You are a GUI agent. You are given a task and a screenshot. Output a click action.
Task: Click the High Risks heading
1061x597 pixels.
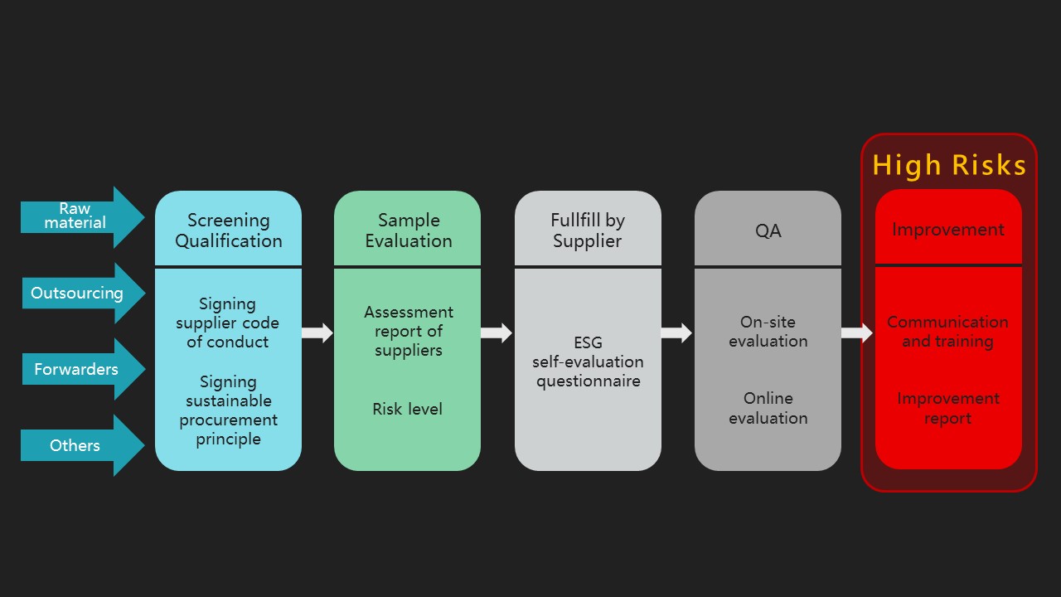[x=949, y=165]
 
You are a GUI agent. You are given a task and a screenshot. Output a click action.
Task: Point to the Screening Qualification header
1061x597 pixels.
[x=228, y=231]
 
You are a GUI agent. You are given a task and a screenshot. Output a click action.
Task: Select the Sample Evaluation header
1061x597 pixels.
[x=408, y=231]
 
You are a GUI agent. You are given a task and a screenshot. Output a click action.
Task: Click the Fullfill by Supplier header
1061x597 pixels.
[x=588, y=231]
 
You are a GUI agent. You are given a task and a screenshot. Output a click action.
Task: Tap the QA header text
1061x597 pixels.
[x=768, y=231]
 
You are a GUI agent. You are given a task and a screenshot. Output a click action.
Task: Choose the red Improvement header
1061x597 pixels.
[x=948, y=230]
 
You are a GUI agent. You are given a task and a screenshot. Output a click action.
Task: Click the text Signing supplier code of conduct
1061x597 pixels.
[x=228, y=323]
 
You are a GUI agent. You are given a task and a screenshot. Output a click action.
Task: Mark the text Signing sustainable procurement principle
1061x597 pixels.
[x=228, y=410]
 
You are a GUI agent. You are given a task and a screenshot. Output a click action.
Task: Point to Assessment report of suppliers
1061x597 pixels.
[x=408, y=331]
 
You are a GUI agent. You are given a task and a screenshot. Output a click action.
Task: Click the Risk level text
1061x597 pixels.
[x=407, y=409]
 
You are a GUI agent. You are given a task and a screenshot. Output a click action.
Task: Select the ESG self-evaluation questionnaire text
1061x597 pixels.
[x=588, y=362]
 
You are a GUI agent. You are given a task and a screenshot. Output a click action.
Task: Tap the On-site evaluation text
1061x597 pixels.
[x=768, y=331]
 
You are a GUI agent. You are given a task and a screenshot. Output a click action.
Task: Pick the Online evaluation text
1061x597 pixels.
[x=768, y=408]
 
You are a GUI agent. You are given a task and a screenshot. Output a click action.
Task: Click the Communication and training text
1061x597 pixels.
[x=947, y=331]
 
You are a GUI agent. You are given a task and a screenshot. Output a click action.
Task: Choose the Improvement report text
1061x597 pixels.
[x=947, y=408]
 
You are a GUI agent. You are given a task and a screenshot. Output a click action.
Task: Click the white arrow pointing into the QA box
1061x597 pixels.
[x=676, y=333]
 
